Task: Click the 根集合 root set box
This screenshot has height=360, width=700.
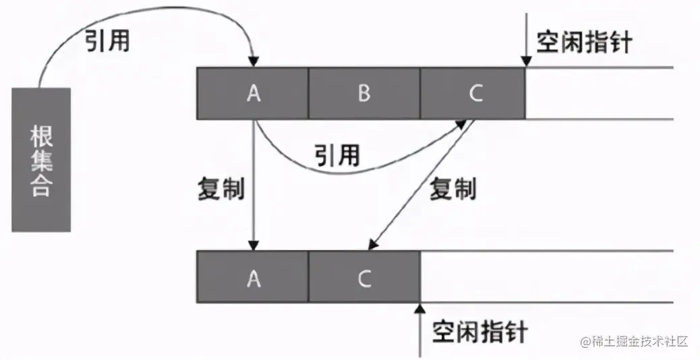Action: [x=41, y=160]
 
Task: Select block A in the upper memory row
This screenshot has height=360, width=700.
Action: [x=253, y=94]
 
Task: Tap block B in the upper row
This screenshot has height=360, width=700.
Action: [x=364, y=94]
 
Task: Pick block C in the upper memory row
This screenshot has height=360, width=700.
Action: [x=475, y=94]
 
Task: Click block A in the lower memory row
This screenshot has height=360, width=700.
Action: [x=253, y=276]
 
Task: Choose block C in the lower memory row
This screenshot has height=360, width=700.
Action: [x=364, y=276]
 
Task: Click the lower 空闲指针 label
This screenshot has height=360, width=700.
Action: [x=480, y=332]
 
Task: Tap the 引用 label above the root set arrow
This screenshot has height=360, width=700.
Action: [x=107, y=42]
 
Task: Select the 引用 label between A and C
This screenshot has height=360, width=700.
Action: [x=337, y=155]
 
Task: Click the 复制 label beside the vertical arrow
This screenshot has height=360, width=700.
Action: [x=221, y=189]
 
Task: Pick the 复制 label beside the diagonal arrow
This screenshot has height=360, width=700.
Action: [x=453, y=189]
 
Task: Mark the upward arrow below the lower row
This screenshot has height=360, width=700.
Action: [x=419, y=330]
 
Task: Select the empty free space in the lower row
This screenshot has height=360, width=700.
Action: [x=546, y=276]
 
